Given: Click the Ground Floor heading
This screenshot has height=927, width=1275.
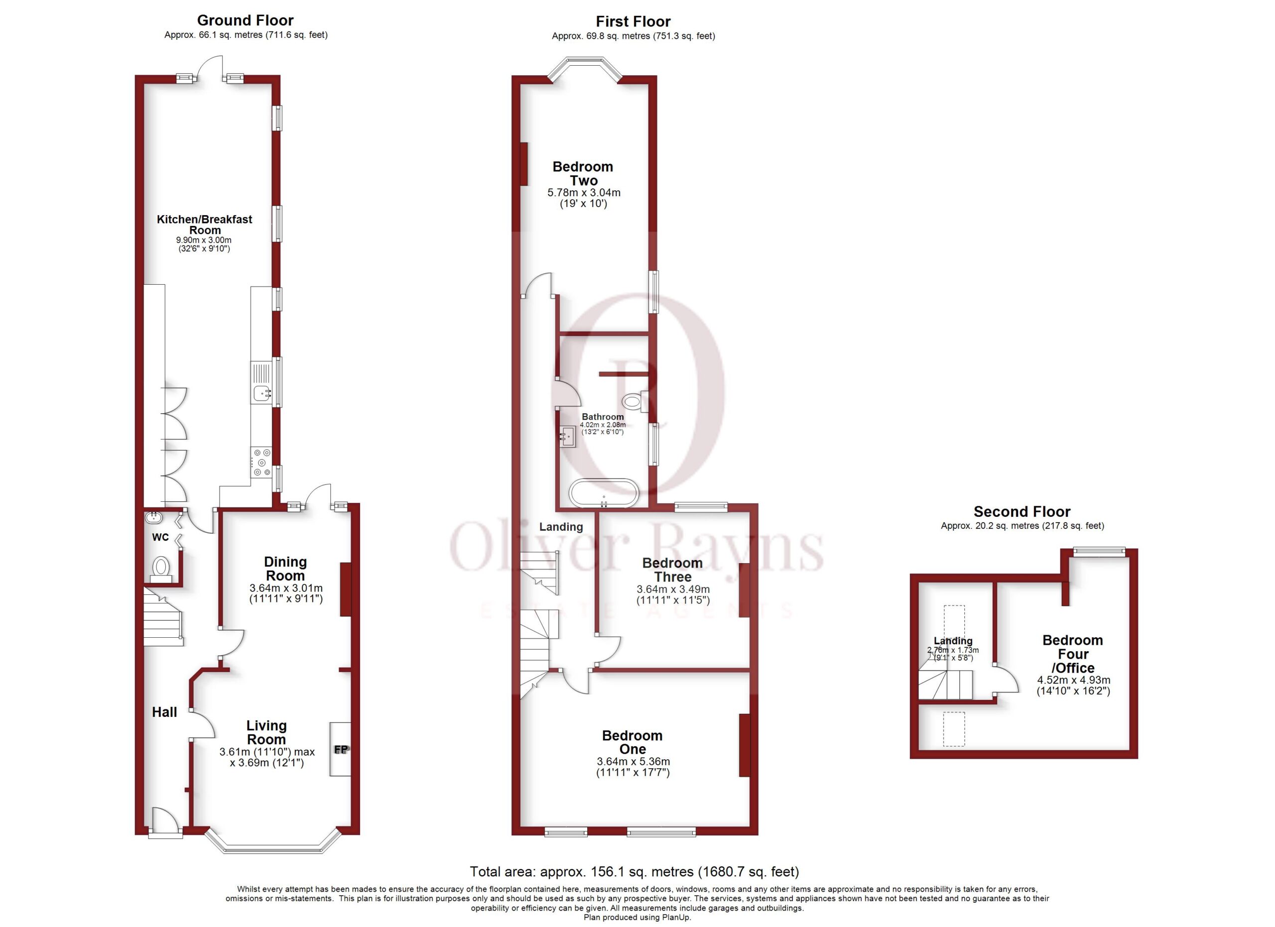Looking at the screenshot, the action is tap(245, 21).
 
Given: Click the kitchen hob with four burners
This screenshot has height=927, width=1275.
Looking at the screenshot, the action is tap(261, 463).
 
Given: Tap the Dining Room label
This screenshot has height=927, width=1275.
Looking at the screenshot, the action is tap(285, 569).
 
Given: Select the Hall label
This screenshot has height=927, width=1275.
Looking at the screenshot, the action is tap(165, 712).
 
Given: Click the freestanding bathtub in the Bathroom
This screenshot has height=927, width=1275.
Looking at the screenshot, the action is tap(604, 493).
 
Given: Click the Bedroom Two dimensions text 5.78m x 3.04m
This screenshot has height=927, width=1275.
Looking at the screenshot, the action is tap(584, 193).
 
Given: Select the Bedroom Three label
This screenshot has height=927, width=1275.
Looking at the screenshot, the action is tap(672, 570).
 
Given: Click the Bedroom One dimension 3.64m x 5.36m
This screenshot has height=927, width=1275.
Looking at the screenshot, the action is tap(634, 762).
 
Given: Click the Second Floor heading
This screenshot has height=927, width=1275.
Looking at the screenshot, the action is tap(1021, 511).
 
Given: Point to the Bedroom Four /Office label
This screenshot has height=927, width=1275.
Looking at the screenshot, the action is tap(1073, 654).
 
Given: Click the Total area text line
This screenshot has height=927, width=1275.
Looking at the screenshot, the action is tap(634, 871).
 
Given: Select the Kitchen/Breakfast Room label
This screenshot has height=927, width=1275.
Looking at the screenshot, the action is tap(205, 225).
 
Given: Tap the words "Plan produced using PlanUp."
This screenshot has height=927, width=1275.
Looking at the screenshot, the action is tap(637, 918).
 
